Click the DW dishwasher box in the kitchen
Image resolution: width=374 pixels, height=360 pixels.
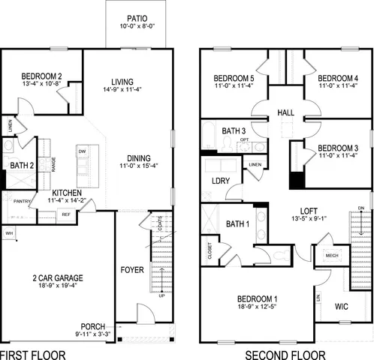82,151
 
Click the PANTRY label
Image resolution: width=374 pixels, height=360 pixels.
22,201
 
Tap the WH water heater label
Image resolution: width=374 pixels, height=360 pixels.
10,233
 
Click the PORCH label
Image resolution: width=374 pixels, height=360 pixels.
93,326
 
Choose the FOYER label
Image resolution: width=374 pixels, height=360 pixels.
132,269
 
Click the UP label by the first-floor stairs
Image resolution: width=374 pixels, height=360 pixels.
162,296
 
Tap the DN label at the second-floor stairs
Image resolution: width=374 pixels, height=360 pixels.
360,208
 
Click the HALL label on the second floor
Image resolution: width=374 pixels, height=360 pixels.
285,112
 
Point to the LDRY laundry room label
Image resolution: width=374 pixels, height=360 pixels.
220,181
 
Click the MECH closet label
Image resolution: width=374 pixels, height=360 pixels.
331,254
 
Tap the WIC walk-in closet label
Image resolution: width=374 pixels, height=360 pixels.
341,306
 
